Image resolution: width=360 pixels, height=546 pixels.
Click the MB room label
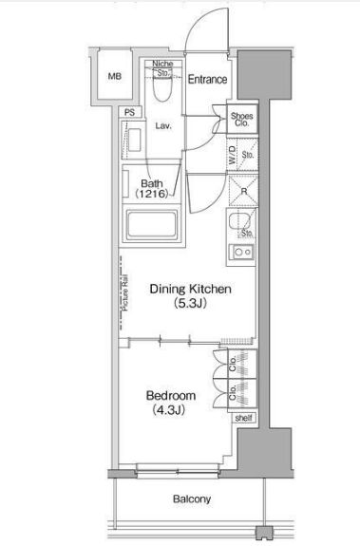[x=115, y=76]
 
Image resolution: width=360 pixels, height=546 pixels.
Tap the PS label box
[x=129, y=112]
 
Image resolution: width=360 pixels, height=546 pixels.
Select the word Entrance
[x=207, y=80]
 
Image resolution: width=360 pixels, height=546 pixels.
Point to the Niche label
[x=162, y=64]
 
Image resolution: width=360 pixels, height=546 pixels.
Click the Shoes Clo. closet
[x=242, y=119]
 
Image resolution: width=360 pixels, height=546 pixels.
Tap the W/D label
[x=232, y=155]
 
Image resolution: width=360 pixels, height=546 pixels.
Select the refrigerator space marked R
[x=243, y=191]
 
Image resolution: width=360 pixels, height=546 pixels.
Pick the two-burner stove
[x=241, y=252]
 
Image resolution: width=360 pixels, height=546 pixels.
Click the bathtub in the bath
[x=151, y=225]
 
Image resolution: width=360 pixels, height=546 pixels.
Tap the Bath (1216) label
[x=152, y=188]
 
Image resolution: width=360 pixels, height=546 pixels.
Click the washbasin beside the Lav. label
[x=134, y=140]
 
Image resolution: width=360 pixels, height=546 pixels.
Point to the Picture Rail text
[x=125, y=293]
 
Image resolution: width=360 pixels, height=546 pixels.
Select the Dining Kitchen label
[x=190, y=289]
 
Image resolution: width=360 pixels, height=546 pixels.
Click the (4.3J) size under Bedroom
[x=168, y=410]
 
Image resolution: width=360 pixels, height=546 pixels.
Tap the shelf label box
[x=243, y=418]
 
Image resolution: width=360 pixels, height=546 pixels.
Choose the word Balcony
[x=192, y=499]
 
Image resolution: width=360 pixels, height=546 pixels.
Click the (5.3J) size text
[x=190, y=304]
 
